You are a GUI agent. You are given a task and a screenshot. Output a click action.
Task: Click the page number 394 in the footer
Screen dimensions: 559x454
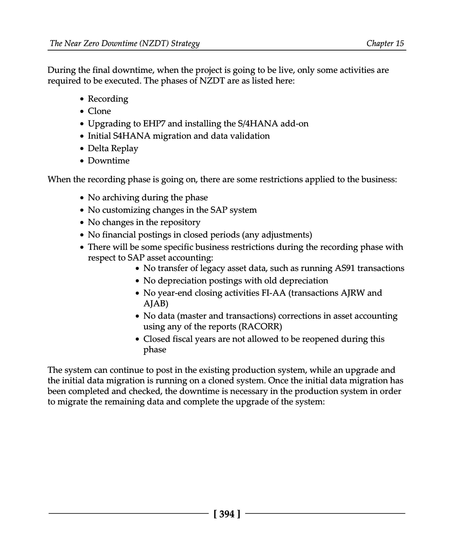tap(227, 514)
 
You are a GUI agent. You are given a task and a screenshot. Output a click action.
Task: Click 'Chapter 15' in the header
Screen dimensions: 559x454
tap(385, 43)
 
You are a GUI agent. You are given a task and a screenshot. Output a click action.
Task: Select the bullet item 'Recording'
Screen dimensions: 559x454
tap(108, 99)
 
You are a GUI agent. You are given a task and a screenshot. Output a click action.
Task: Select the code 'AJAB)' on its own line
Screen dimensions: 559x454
tap(156, 304)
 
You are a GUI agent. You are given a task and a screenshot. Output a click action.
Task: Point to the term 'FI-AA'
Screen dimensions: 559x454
tap(273, 293)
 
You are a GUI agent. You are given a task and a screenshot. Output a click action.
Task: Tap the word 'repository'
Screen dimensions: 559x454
tap(180, 222)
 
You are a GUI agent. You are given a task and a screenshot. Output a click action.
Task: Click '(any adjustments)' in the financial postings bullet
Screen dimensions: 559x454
tap(277, 235)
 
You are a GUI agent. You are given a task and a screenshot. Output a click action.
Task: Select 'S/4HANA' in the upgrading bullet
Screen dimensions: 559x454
tap(258, 123)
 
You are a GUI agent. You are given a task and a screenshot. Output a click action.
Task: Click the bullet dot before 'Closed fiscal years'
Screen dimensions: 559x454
tap(137, 339)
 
